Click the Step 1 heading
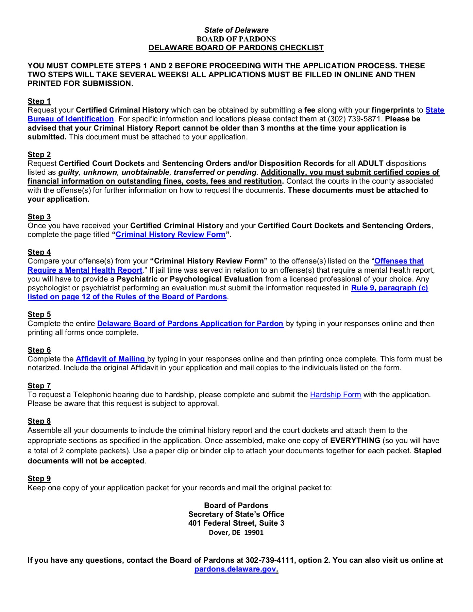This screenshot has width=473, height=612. point(39,101)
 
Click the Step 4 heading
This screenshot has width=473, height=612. point(39,252)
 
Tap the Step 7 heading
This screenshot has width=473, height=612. point(39,386)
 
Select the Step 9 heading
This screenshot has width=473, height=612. point(39,479)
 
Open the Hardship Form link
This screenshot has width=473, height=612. point(335,395)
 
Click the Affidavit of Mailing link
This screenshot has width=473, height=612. point(111,359)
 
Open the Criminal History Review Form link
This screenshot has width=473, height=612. point(170,235)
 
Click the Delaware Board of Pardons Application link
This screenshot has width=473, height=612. point(190,324)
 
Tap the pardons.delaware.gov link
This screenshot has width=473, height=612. point(236,569)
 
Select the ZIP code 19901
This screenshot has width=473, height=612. point(254,533)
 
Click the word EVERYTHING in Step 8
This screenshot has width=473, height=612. point(355,441)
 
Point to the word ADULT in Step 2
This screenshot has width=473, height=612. point(370,164)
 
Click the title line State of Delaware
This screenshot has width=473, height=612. point(236,30)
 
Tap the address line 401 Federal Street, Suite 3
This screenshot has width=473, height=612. point(236,523)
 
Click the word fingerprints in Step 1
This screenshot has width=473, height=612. point(393,110)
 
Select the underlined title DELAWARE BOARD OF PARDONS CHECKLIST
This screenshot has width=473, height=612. point(236,48)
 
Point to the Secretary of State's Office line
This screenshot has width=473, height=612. point(236,514)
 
